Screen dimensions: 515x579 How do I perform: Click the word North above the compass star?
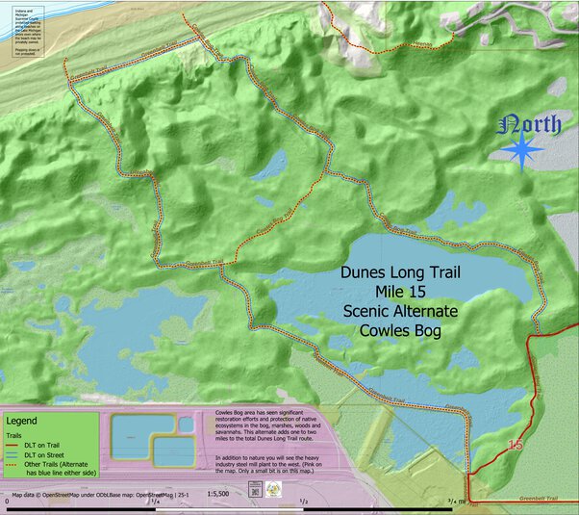[x=534, y=125]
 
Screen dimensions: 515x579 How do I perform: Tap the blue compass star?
[x=522, y=152]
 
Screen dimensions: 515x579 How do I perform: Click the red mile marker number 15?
[x=516, y=445]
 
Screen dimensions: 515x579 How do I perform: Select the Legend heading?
[x=22, y=421]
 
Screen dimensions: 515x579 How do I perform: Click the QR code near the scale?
[x=255, y=491]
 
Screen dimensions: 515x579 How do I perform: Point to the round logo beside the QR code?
[x=274, y=491]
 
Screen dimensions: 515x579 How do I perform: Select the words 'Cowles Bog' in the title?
[x=399, y=330]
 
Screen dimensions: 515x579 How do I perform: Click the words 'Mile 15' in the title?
[x=399, y=292]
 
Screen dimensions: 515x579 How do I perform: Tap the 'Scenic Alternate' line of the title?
[x=399, y=311]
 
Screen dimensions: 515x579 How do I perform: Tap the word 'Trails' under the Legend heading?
[x=15, y=434]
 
